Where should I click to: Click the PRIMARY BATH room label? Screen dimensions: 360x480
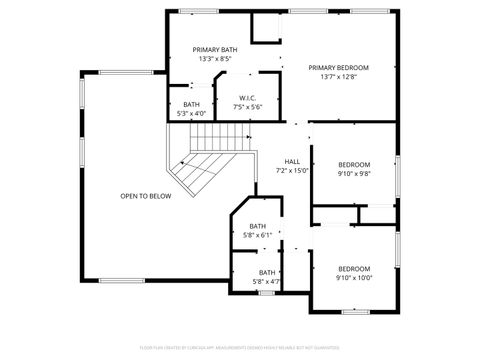click(x=215, y=49)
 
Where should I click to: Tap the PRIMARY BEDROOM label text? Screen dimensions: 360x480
click(x=338, y=67)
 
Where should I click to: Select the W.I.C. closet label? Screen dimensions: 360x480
click(x=248, y=98)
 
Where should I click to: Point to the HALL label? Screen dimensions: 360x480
click(x=292, y=162)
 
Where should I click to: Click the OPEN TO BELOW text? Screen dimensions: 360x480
click(x=146, y=196)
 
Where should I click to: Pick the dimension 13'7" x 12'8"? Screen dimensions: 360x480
click(x=338, y=77)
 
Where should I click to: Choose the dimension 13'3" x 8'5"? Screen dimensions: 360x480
click(x=215, y=59)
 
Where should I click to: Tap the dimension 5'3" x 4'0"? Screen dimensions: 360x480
click(x=191, y=113)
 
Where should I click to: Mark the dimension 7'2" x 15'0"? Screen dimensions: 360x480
click(x=292, y=171)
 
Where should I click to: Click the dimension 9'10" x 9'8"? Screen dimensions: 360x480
click(x=353, y=173)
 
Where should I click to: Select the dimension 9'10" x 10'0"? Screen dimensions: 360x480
click(x=353, y=277)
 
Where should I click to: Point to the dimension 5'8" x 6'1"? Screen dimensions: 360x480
click(x=258, y=235)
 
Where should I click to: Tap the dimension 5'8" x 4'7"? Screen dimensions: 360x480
click(x=267, y=281)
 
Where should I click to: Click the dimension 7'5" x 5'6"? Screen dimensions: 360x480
click(x=248, y=107)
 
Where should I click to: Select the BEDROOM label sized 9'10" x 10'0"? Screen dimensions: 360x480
click(x=353, y=268)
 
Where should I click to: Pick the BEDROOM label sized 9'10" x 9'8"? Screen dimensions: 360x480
click(x=353, y=164)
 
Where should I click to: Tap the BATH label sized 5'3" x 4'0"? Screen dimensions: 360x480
click(x=191, y=104)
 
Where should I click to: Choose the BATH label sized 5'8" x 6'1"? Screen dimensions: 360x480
click(x=258, y=226)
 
